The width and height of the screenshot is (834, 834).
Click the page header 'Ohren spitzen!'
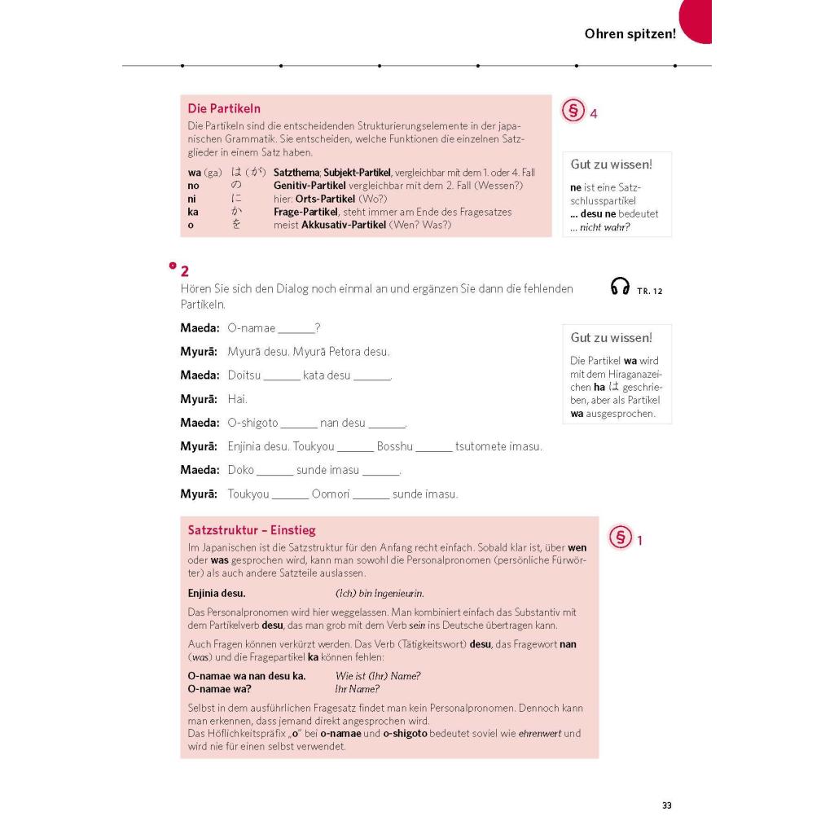point(630,34)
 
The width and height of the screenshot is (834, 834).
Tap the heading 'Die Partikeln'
point(224,108)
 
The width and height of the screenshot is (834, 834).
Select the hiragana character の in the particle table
point(236,186)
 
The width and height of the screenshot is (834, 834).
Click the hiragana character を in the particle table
point(236,225)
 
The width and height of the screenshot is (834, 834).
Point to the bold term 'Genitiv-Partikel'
point(310,186)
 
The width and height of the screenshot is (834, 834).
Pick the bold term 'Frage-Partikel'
point(305,212)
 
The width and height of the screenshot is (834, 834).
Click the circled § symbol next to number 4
point(573,112)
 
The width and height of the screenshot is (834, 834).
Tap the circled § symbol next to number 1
point(621,538)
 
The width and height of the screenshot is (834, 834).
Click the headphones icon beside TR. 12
point(620,287)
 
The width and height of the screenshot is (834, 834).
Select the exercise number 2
point(185,271)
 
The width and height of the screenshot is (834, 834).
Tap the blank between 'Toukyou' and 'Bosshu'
point(355,447)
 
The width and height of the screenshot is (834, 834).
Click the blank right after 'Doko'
point(274,471)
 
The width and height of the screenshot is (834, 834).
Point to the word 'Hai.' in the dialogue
point(238,399)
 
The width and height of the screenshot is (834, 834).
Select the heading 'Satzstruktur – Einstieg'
point(252,530)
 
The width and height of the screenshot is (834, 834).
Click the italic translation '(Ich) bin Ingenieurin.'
point(380,593)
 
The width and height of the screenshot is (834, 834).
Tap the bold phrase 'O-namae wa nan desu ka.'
point(247,676)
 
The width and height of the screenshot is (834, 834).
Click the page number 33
point(666,805)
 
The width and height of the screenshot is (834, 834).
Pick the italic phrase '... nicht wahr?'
point(600,227)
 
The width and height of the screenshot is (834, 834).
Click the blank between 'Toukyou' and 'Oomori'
point(291,494)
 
